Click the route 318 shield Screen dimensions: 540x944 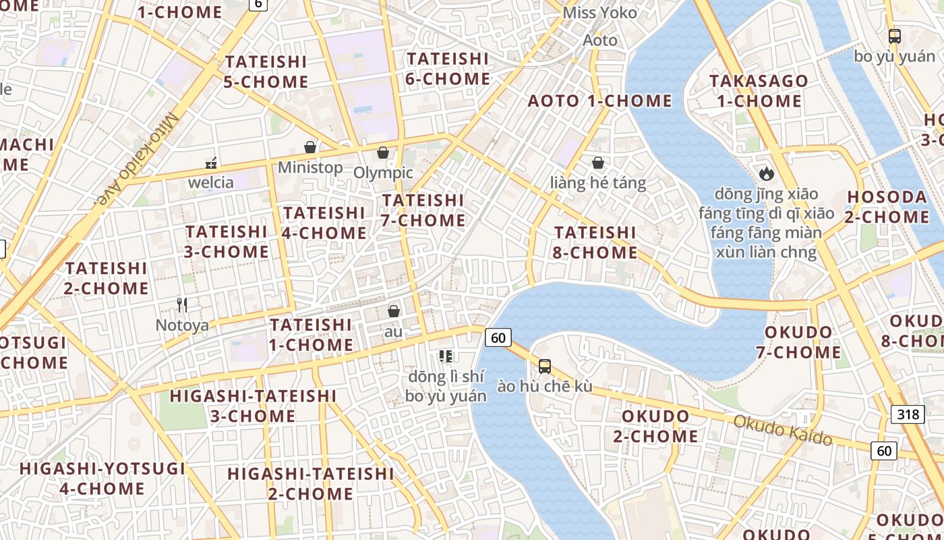[x=908, y=414]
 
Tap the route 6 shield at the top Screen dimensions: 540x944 [x=258, y=4]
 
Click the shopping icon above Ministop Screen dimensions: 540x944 [x=310, y=147]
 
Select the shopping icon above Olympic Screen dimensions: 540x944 [x=383, y=153]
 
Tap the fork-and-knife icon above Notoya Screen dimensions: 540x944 [x=182, y=305]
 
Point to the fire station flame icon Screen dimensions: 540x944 [x=767, y=173]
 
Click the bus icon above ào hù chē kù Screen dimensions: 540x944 [x=545, y=367]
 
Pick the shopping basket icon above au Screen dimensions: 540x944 [x=394, y=311]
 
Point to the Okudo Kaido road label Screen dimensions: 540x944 [x=783, y=430]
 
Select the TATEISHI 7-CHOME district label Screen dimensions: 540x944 [x=423, y=210]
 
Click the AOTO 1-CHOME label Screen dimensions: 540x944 [x=600, y=101]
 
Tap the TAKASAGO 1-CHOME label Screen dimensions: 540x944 [x=759, y=91]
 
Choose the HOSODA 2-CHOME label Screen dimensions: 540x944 [x=887, y=207]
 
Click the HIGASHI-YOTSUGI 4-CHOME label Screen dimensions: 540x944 [x=102, y=479]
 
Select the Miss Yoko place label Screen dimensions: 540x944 [x=599, y=13]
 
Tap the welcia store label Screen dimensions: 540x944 [x=211, y=182]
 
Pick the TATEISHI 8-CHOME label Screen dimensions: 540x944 [x=595, y=242]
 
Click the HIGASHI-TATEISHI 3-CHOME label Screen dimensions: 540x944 [x=253, y=406]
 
